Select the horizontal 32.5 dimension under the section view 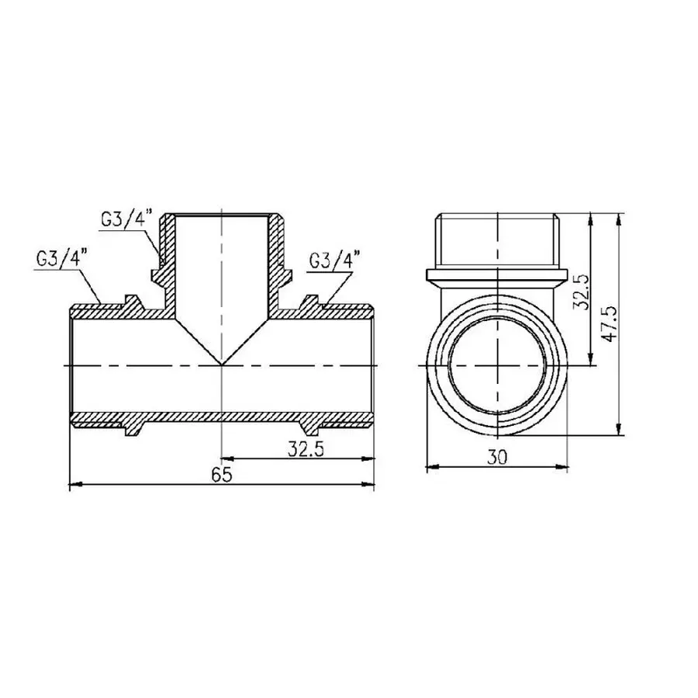click(299, 448)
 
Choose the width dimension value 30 click(498, 458)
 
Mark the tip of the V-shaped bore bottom click(223, 365)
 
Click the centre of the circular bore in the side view click(497, 365)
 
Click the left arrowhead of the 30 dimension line click(432, 468)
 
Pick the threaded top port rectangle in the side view click(497, 240)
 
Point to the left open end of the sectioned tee click(71, 365)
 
